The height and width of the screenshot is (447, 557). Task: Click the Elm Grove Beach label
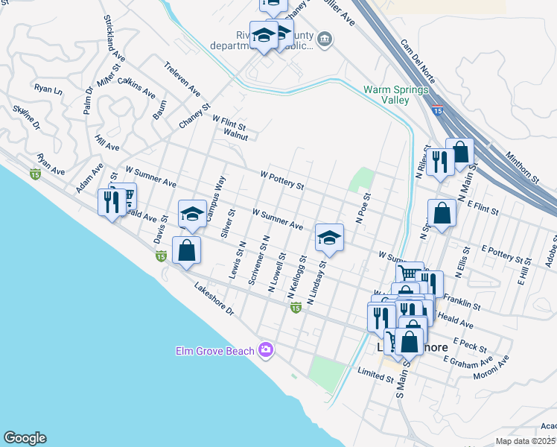click(x=215, y=350)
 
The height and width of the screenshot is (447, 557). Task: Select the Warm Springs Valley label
click(x=396, y=95)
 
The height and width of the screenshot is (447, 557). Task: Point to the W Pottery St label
click(x=282, y=180)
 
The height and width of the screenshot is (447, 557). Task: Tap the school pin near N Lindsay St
click(x=328, y=239)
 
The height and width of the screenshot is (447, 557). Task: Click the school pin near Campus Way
click(x=192, y=215)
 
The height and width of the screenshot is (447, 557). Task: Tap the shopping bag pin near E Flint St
click(x=442, y=213)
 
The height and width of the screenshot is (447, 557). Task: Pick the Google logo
click(x=25, y=438)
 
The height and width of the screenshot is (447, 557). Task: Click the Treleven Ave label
click(x=182, y=80)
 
